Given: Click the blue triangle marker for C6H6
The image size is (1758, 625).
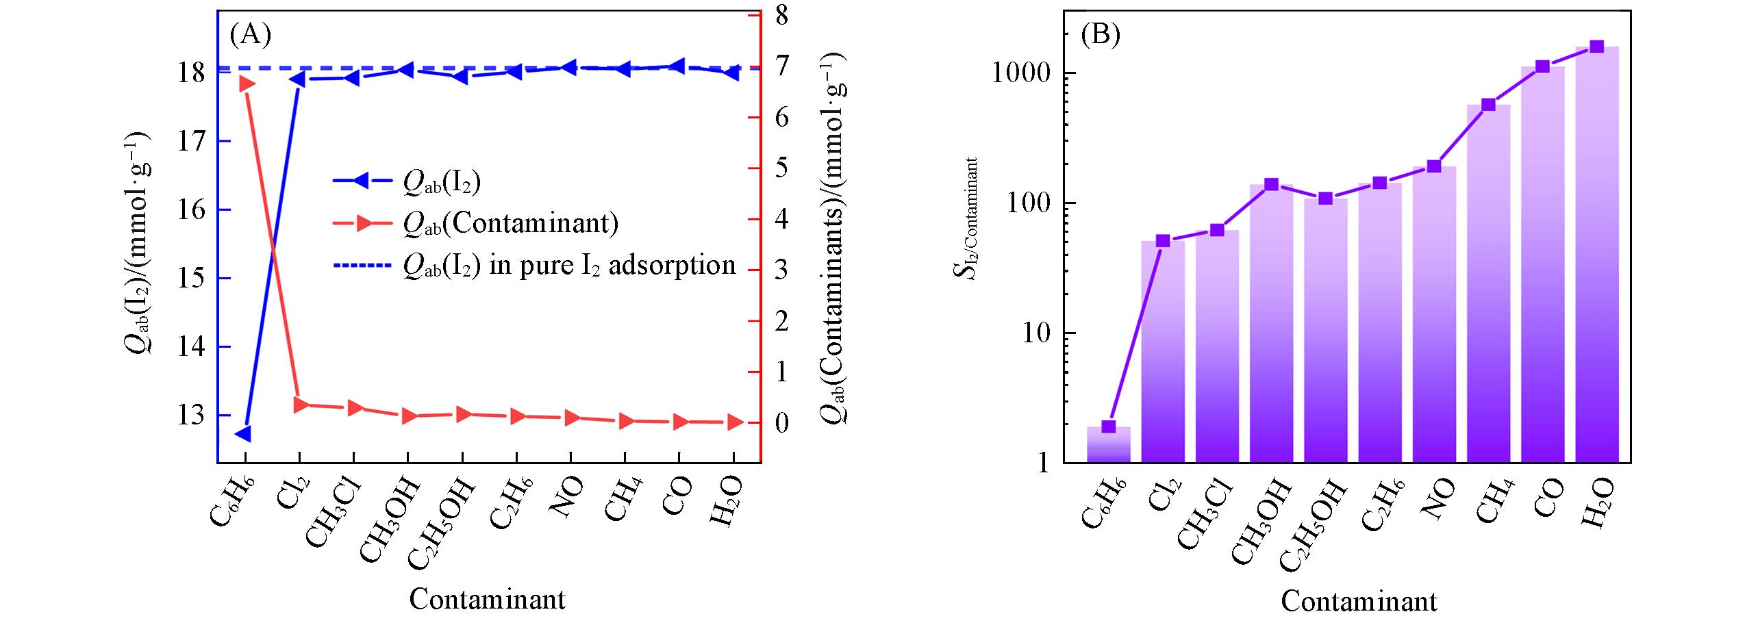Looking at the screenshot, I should click(243, 433).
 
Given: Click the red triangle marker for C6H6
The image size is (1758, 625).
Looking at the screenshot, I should click(247, 84).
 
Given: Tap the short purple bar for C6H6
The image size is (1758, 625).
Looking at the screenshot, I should click(1108, 445).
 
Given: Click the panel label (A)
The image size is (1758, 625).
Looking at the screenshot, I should click(251, 34).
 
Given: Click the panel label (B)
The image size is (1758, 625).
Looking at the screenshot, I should click(1100, 34).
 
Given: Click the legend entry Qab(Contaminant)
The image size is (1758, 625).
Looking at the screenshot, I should click(510, 223).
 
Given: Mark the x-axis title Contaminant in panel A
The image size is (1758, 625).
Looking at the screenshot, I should click(488, 600).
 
